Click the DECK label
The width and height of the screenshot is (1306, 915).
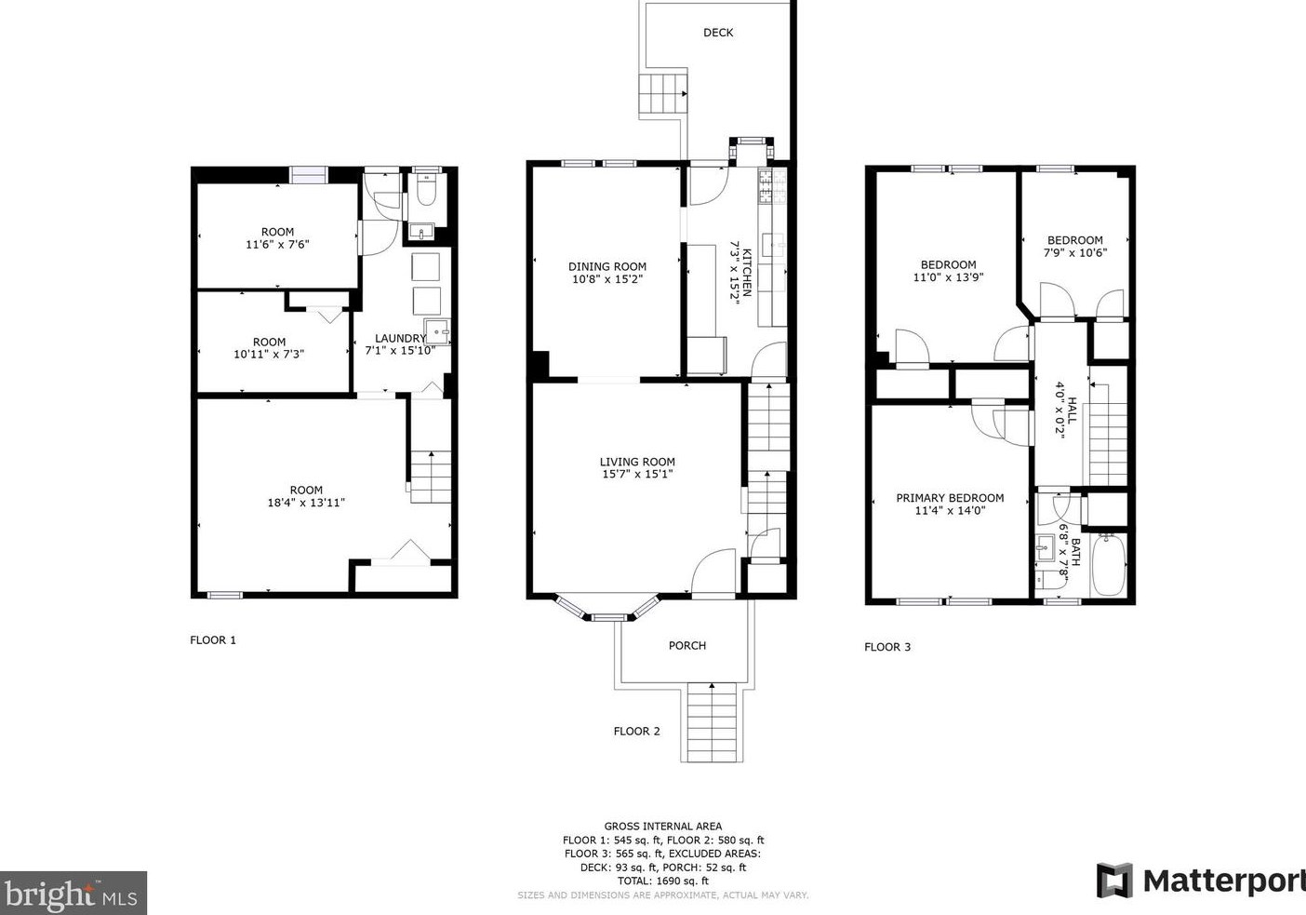coord(718,33)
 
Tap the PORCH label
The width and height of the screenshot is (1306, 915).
coord(686,645)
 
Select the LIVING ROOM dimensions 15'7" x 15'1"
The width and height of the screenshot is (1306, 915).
coord(637,475)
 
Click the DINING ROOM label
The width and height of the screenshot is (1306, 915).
coord(606,266)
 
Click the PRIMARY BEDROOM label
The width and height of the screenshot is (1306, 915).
coord(950,498)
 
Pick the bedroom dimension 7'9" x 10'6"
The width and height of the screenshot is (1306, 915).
coord(1075,252)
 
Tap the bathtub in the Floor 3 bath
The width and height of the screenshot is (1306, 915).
coord(1108,564)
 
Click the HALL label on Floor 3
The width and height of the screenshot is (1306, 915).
coord(1073,410)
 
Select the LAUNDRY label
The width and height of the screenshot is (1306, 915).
coord(400,338)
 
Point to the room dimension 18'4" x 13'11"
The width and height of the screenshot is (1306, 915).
coord(306,503)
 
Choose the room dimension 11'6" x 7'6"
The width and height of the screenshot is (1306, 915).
coord(277,245)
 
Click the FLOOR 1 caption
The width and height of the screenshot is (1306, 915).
coord(213,640)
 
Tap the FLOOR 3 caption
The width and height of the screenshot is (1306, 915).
coord(886,647)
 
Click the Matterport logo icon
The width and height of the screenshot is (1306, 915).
coord(1114,881)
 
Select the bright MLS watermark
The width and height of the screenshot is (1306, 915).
coord(73,894)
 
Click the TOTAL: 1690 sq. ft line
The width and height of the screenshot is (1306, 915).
coord(663,881)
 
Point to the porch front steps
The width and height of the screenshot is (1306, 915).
coord(712,722)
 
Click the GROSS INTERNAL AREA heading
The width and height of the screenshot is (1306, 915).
coord(663,827)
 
